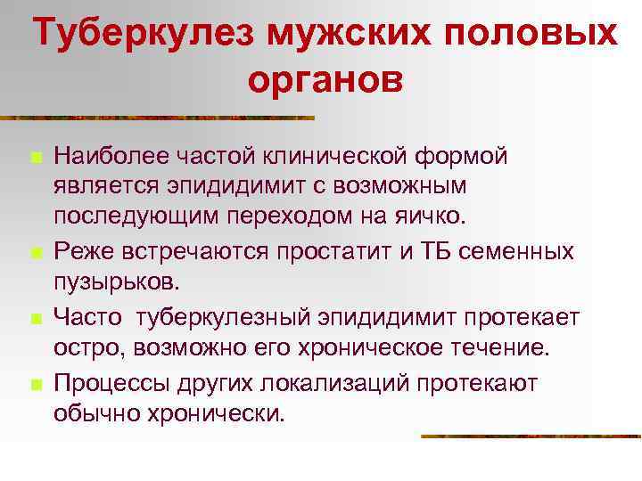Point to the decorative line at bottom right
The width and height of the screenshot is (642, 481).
(531, 436)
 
